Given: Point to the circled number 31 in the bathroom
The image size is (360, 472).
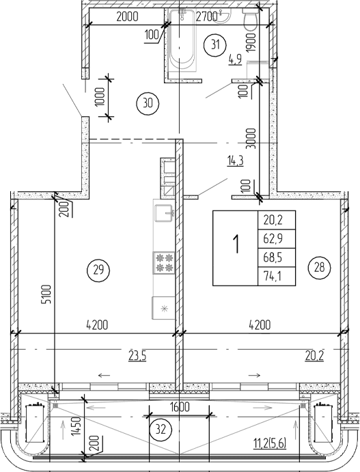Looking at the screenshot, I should pos(217,45).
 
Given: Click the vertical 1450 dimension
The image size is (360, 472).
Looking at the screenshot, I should pos(76,430).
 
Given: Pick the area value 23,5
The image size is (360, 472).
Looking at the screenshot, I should pos(138,354).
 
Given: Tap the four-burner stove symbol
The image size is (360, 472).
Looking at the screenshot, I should pos(164,263).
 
